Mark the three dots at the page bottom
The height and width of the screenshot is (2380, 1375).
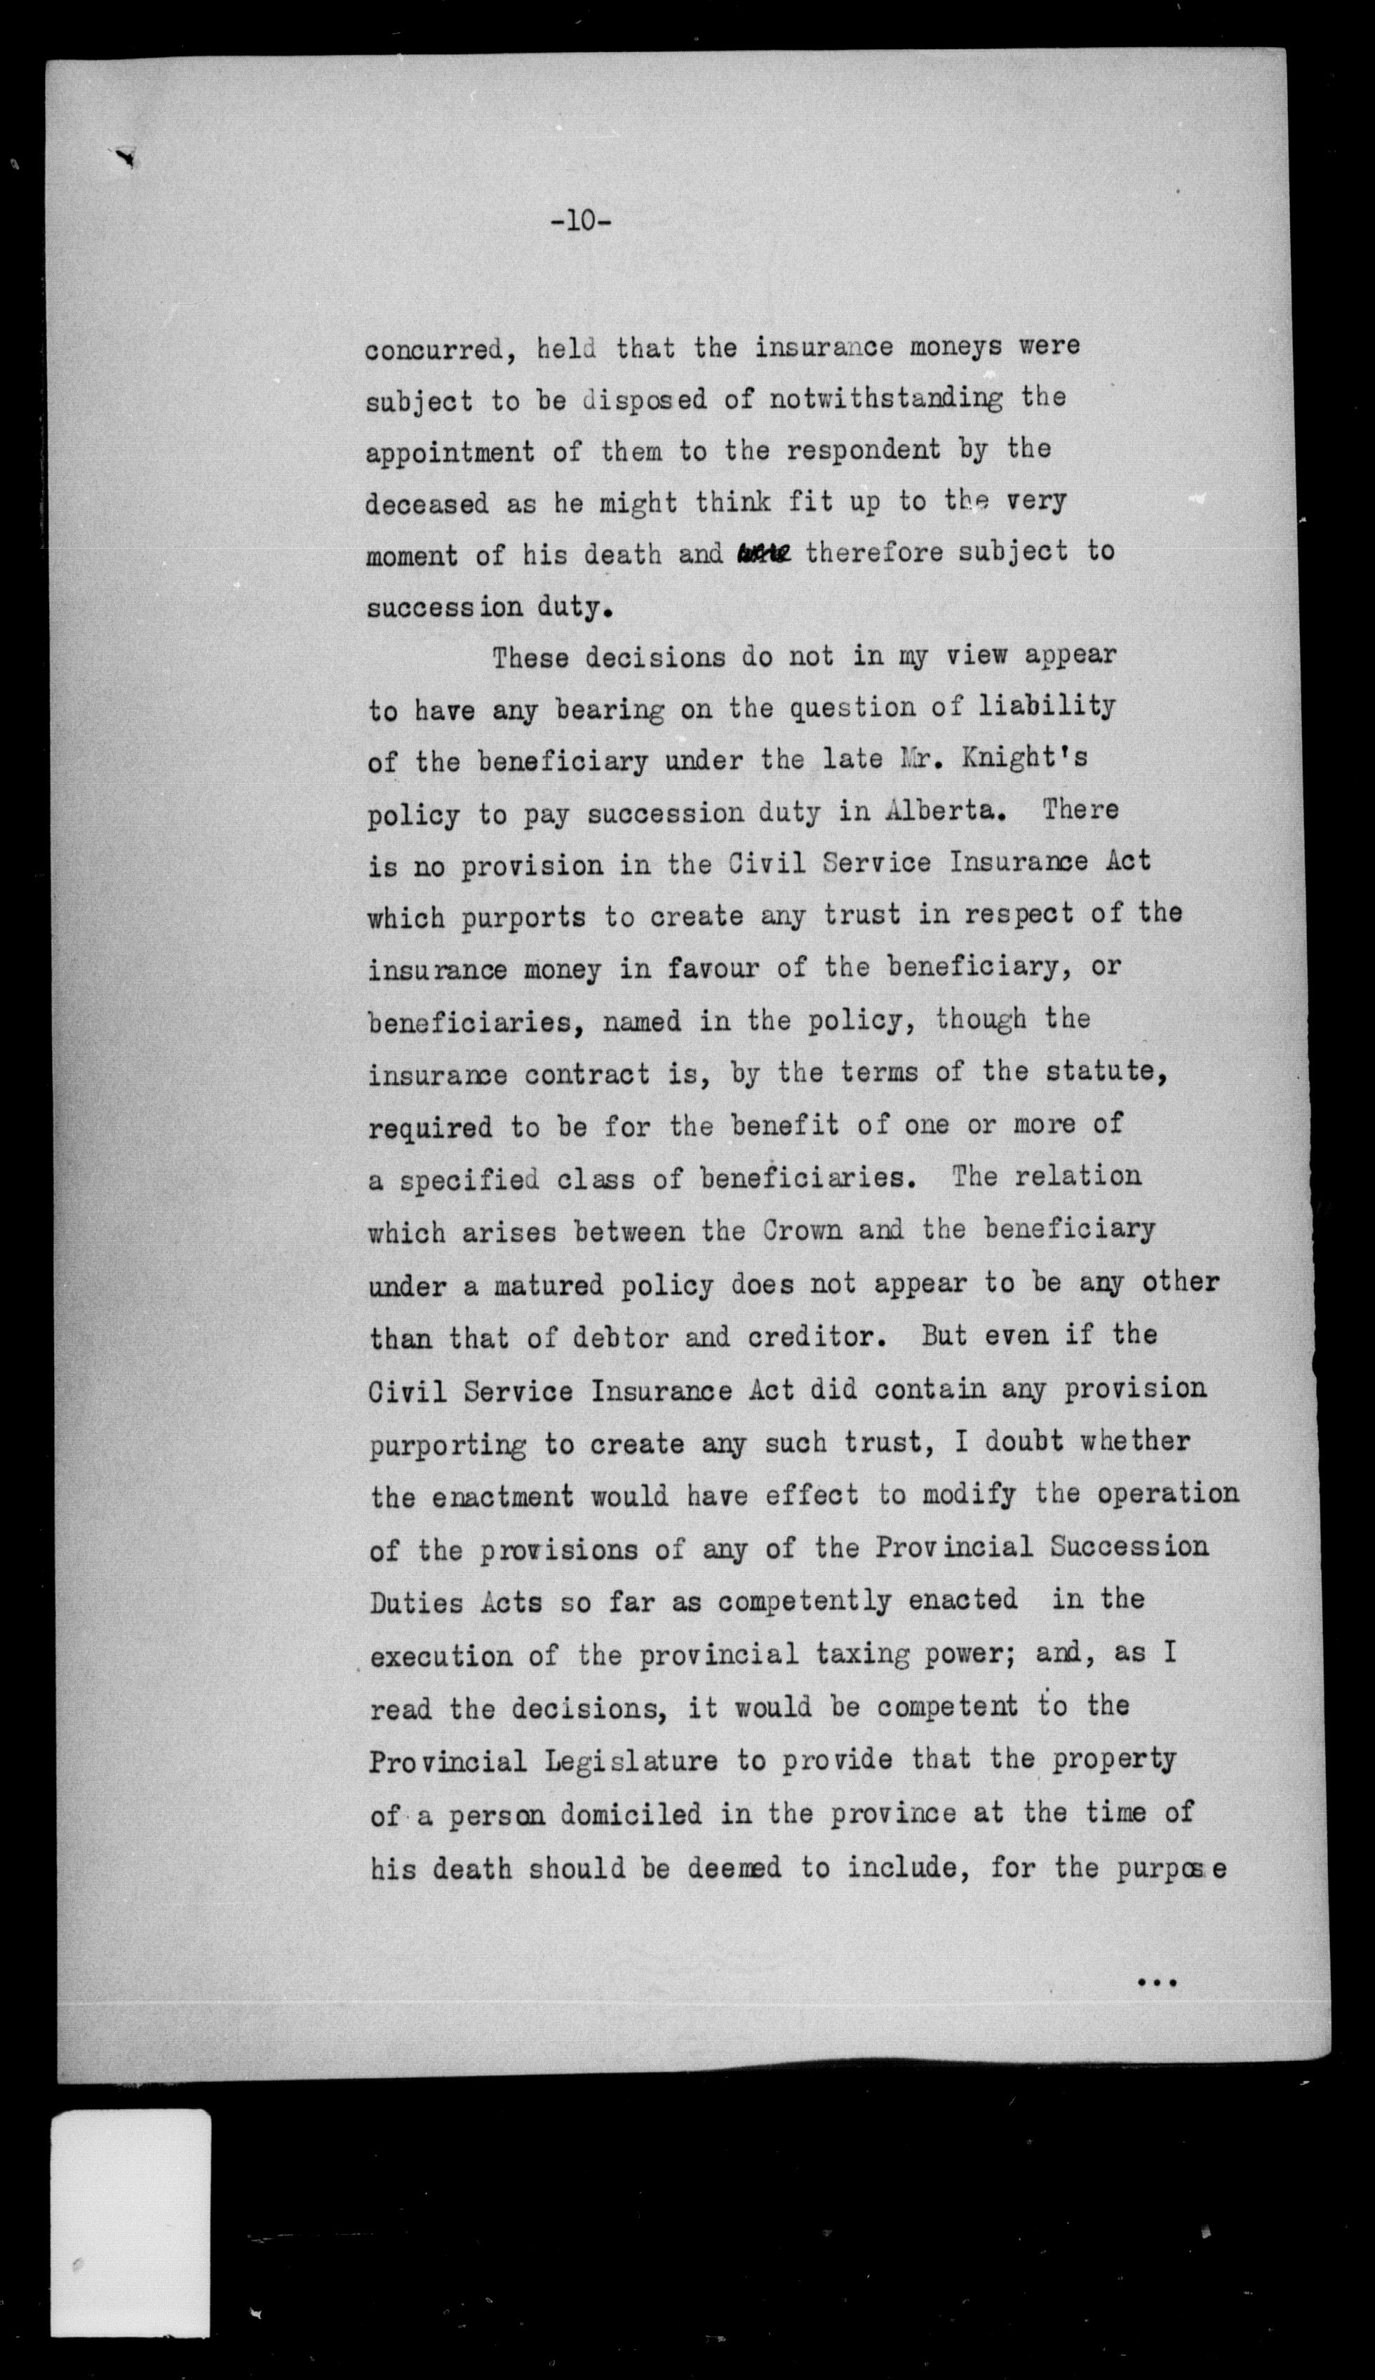click(1157, 1981)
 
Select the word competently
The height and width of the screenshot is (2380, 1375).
click(805, 1602)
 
